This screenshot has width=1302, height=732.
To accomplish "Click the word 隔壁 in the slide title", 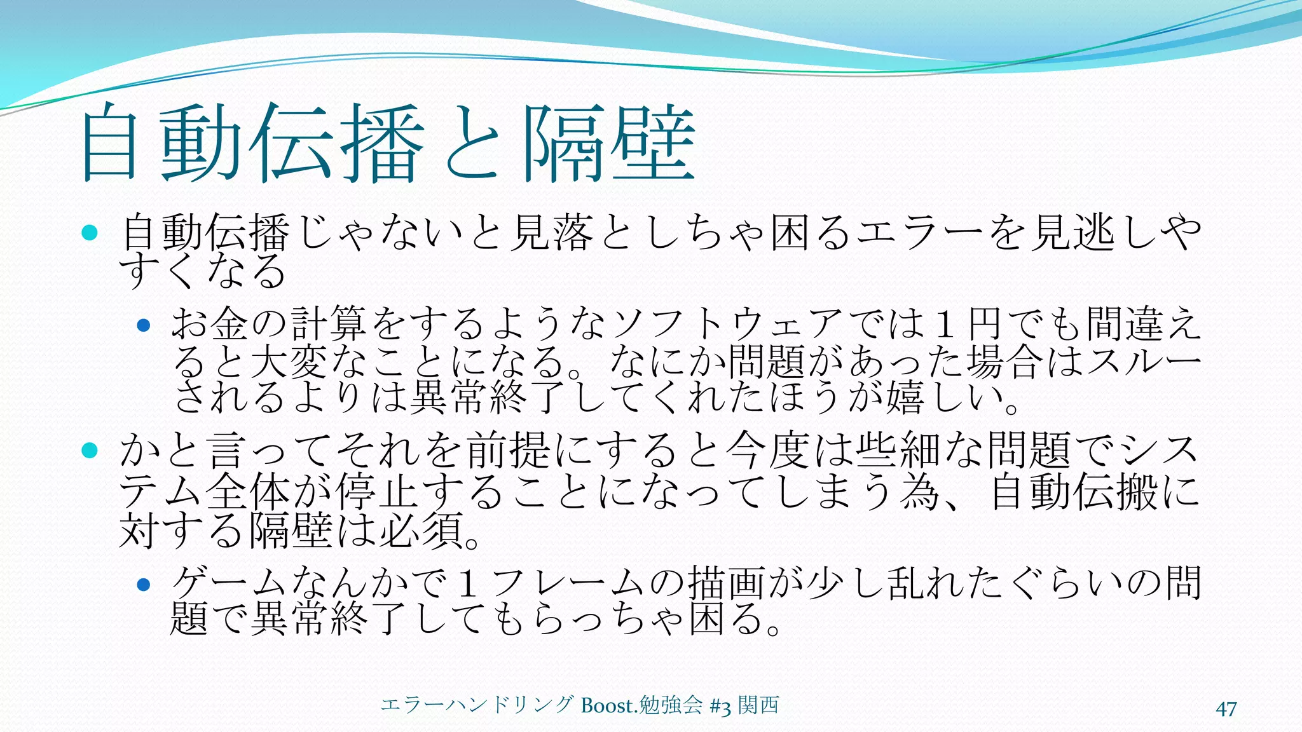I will (609, 144).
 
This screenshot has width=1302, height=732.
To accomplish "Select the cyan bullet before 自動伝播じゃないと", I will (90, 233).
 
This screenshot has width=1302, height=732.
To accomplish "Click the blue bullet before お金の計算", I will (144, 325).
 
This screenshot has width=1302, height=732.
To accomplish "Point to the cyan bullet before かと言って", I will (90, 451).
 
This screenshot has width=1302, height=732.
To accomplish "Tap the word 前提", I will (509, 450).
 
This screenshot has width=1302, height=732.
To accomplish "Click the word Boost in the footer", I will (606, 705).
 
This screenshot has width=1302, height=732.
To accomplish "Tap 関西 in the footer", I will (758, 705).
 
